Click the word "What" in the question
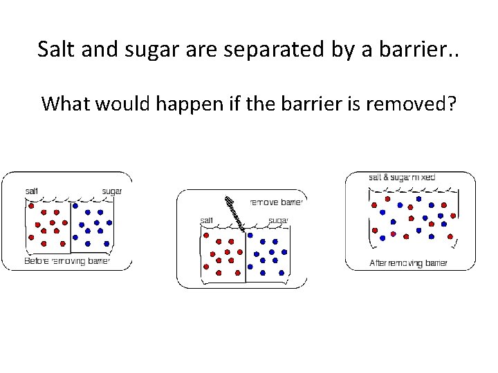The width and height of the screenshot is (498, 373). coord(67,104)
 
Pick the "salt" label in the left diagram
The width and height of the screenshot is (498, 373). coord(33,191)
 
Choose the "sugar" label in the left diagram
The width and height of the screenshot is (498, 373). coord(112,191)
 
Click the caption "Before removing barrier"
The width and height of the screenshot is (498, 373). coord(67,261)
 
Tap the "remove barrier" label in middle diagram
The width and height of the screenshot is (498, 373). coord(275,202)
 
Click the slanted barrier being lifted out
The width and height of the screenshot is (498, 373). coord(234,212)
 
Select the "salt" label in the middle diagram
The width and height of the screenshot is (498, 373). coord(207,220)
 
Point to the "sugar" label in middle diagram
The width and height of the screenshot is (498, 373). coord(278,220)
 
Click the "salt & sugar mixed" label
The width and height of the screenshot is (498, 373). coord(402,178)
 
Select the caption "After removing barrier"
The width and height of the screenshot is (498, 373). coord(408,262)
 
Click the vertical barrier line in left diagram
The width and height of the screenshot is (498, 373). coord(71,228)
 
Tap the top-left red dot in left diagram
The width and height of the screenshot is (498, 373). coord(30,206)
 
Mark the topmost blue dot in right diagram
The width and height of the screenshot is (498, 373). coord(418,199)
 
